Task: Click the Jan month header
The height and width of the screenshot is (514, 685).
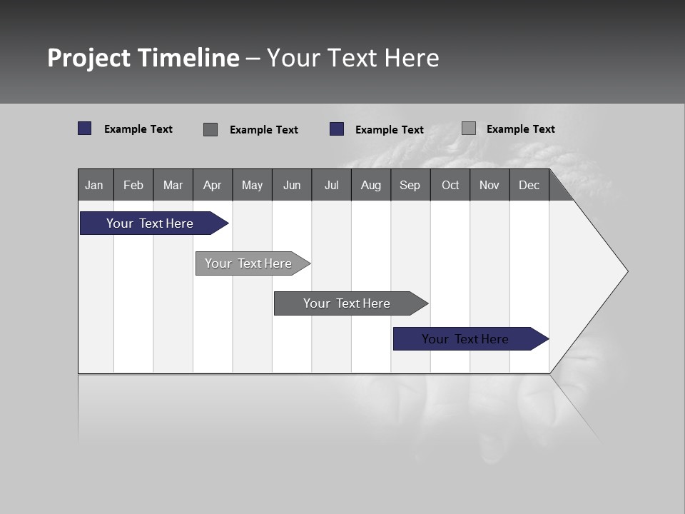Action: tap(94, 185)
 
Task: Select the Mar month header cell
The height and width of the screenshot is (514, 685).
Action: tap(173, 185)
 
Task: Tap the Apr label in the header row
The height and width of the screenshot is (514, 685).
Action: tap(212, 185)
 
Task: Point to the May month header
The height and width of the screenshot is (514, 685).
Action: tap(252, 185)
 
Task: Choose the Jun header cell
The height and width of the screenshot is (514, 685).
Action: tap(292, 185)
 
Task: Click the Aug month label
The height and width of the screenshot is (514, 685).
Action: tap(370, 185)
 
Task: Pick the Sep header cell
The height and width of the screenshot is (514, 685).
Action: tap(410, 185)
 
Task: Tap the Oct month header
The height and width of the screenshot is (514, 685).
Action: tap(450, 185)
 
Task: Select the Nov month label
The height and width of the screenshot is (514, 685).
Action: tap(489, 185)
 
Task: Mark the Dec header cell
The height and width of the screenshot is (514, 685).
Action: tap(529, 185)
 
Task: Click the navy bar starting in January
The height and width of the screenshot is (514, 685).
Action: tap(150, 223)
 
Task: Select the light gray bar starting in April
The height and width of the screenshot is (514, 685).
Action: tap(248, 263)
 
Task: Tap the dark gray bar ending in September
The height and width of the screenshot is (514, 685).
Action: tap(347, 303)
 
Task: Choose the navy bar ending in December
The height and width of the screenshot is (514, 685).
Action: tap(465, 339)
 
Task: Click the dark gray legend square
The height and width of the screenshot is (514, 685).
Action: tap(210, 129)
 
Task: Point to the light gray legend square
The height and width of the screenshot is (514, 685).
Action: tap(468, 128)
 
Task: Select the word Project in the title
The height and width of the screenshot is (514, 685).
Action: tap(89, 58)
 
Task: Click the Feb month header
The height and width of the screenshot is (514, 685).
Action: tap(133, 185)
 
